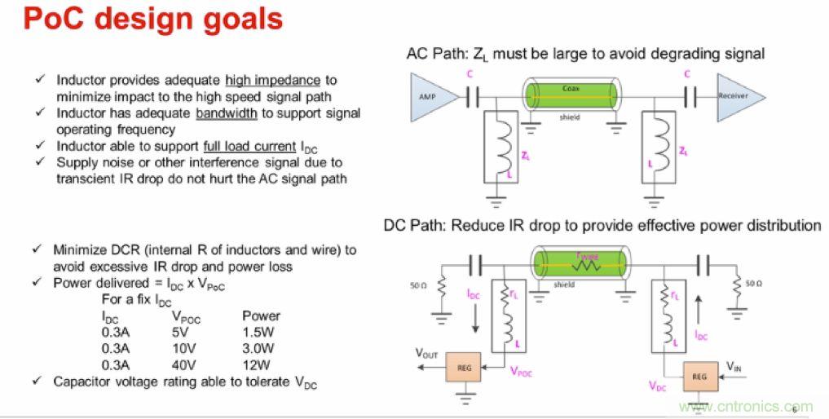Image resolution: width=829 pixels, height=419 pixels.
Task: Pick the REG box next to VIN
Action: click(699, 377)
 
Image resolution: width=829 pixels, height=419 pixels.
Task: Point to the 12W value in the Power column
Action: click(258, 365)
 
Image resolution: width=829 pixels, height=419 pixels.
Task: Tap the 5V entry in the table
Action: click(180, 332)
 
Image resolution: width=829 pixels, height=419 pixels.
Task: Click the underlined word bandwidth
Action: click(226, 113)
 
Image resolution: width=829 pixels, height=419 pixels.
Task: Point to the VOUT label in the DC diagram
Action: click(427, 353)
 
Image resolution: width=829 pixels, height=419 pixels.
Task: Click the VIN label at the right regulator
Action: click(734, 368)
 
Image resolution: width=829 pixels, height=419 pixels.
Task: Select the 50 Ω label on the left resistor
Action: click(418, 285)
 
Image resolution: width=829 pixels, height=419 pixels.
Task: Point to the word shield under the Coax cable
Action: click(569, 117)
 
